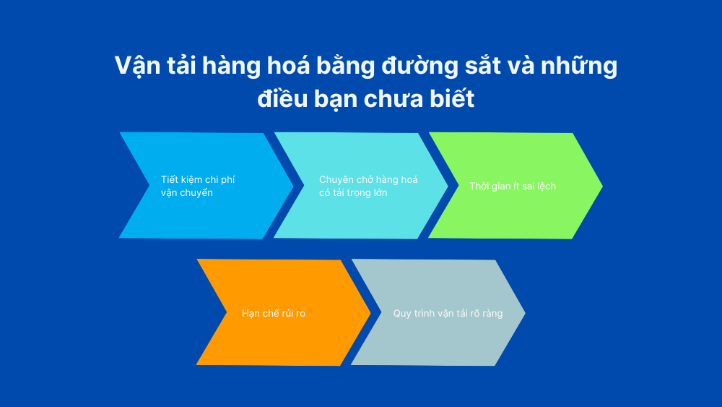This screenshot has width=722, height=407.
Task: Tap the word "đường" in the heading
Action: pos(420,66)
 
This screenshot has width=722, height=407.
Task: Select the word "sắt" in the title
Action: pos(482,66)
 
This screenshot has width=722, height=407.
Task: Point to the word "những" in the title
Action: pos(579,67)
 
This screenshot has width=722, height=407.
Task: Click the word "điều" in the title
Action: pos(282,98)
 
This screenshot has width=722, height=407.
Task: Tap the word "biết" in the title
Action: pos(452,98)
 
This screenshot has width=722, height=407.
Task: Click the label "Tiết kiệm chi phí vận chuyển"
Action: pos(198,187)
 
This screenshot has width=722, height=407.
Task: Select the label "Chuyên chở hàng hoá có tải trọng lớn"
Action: pos(368,187)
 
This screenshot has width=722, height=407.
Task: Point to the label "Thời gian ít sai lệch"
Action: pos(513,187)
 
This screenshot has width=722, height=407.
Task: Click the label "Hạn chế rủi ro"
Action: pos(274,314)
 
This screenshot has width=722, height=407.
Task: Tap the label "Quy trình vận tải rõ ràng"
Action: pos(448,314)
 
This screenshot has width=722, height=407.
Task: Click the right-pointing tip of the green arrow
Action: pos(602,187)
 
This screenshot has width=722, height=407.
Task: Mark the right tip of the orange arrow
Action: pos(370,314)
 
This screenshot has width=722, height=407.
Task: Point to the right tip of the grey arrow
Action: pos(525,314)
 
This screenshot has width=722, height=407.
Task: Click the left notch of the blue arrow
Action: pos(149,186)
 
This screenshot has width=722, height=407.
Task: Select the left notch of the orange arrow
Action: pos(227,313)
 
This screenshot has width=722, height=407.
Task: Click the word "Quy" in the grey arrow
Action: pos(402,314)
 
